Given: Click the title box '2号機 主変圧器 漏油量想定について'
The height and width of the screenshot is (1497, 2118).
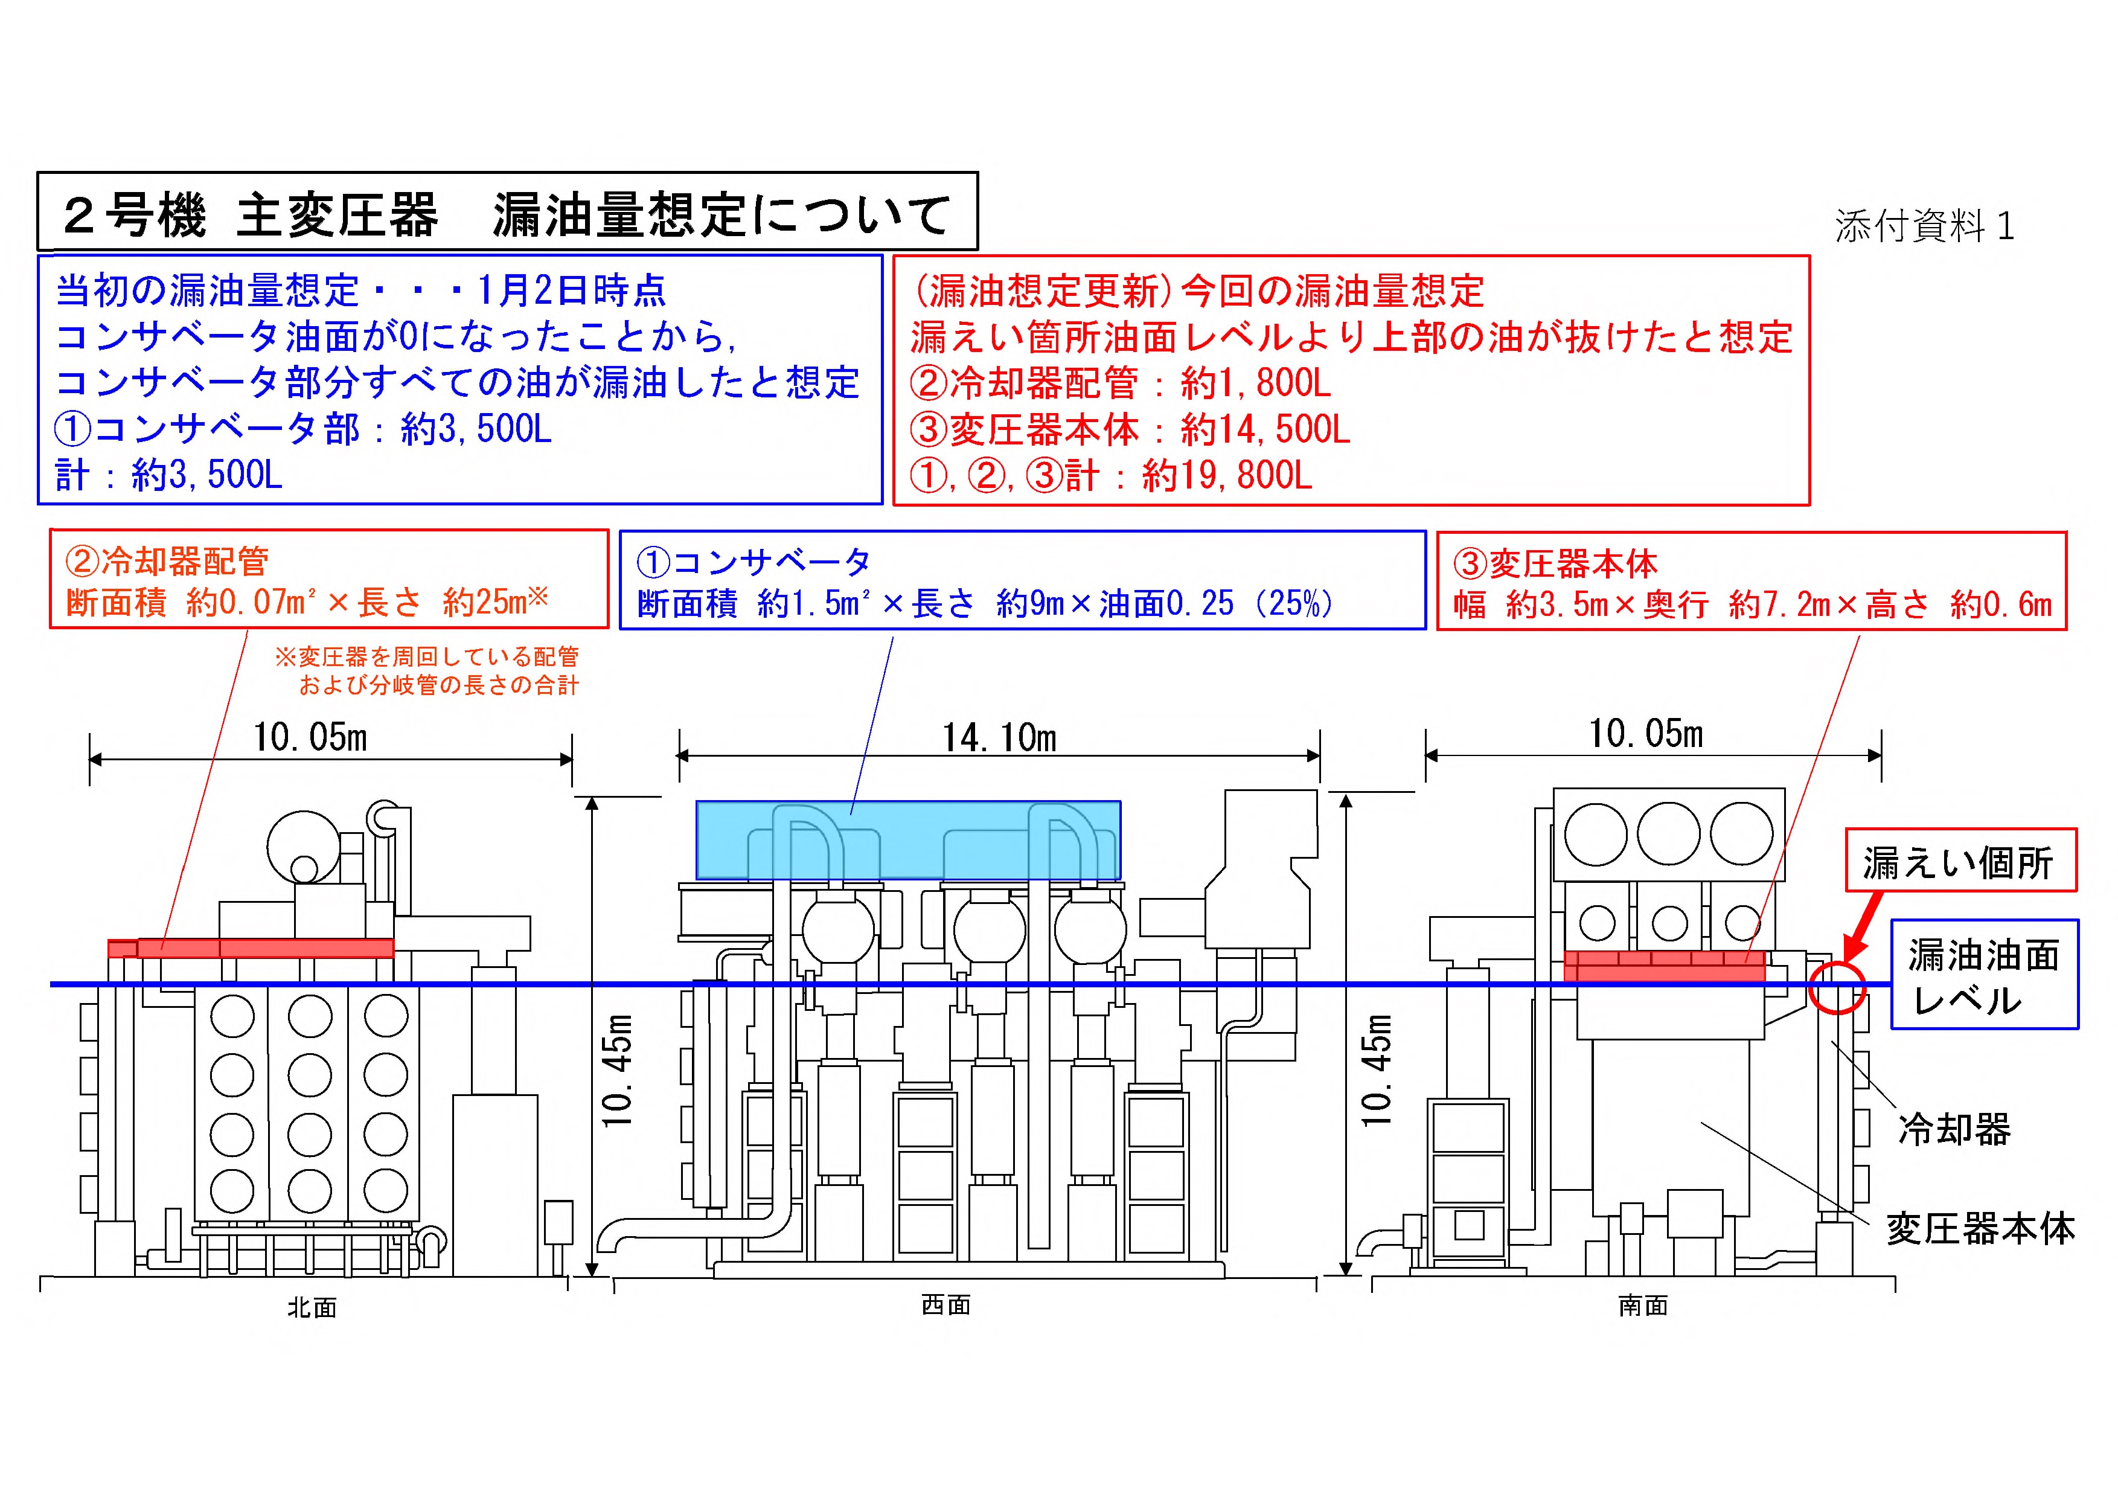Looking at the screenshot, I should [x=507, y=211].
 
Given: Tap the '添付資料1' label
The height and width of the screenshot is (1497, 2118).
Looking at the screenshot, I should [x=1924, y=226].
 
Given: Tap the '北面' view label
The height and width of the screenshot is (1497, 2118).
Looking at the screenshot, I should [x=312, y=1307].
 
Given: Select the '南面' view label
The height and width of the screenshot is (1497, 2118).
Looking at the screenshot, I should [x=1642, y=1305].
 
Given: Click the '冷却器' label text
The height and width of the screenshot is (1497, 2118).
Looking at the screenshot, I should [x=1954, y=1129].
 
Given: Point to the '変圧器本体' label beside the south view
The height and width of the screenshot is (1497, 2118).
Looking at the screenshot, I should [x=1980, y=1229].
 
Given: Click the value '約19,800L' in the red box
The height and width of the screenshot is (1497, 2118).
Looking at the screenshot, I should [x=1227, y=476].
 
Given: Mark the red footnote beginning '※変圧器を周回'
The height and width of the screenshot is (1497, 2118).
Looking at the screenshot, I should [x=427, y=670].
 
